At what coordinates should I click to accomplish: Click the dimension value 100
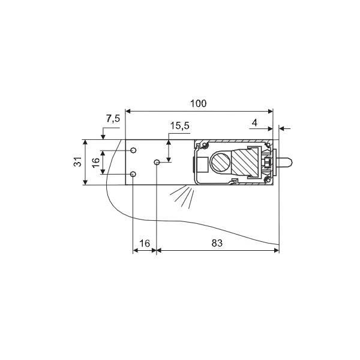point(199,104)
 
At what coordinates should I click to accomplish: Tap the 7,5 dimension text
point(113,119)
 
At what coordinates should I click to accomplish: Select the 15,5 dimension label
point(180,126)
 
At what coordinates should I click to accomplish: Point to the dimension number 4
point(254,123)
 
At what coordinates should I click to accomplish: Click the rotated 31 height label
point(78,162)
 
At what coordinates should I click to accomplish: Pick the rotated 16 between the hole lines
point(96,162)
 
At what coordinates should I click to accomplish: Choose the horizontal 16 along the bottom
point(145,243)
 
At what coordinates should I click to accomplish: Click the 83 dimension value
point(217,243)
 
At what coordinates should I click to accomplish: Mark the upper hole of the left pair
point(133,151)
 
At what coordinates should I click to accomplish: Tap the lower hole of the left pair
point(133,174)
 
